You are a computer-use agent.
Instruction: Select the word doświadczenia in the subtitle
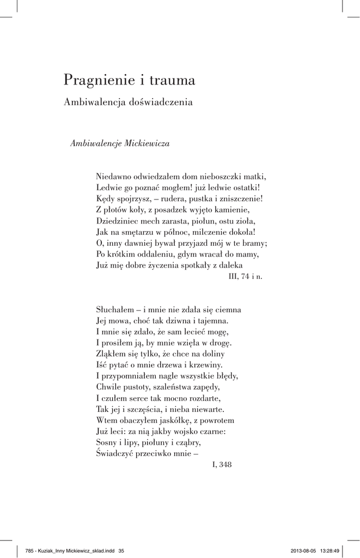point(162,102)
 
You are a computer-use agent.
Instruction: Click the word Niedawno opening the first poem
point(114,177)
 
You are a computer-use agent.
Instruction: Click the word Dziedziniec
point(119,221)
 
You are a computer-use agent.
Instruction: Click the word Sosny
point(107,442)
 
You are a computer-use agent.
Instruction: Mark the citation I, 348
point(222,465)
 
